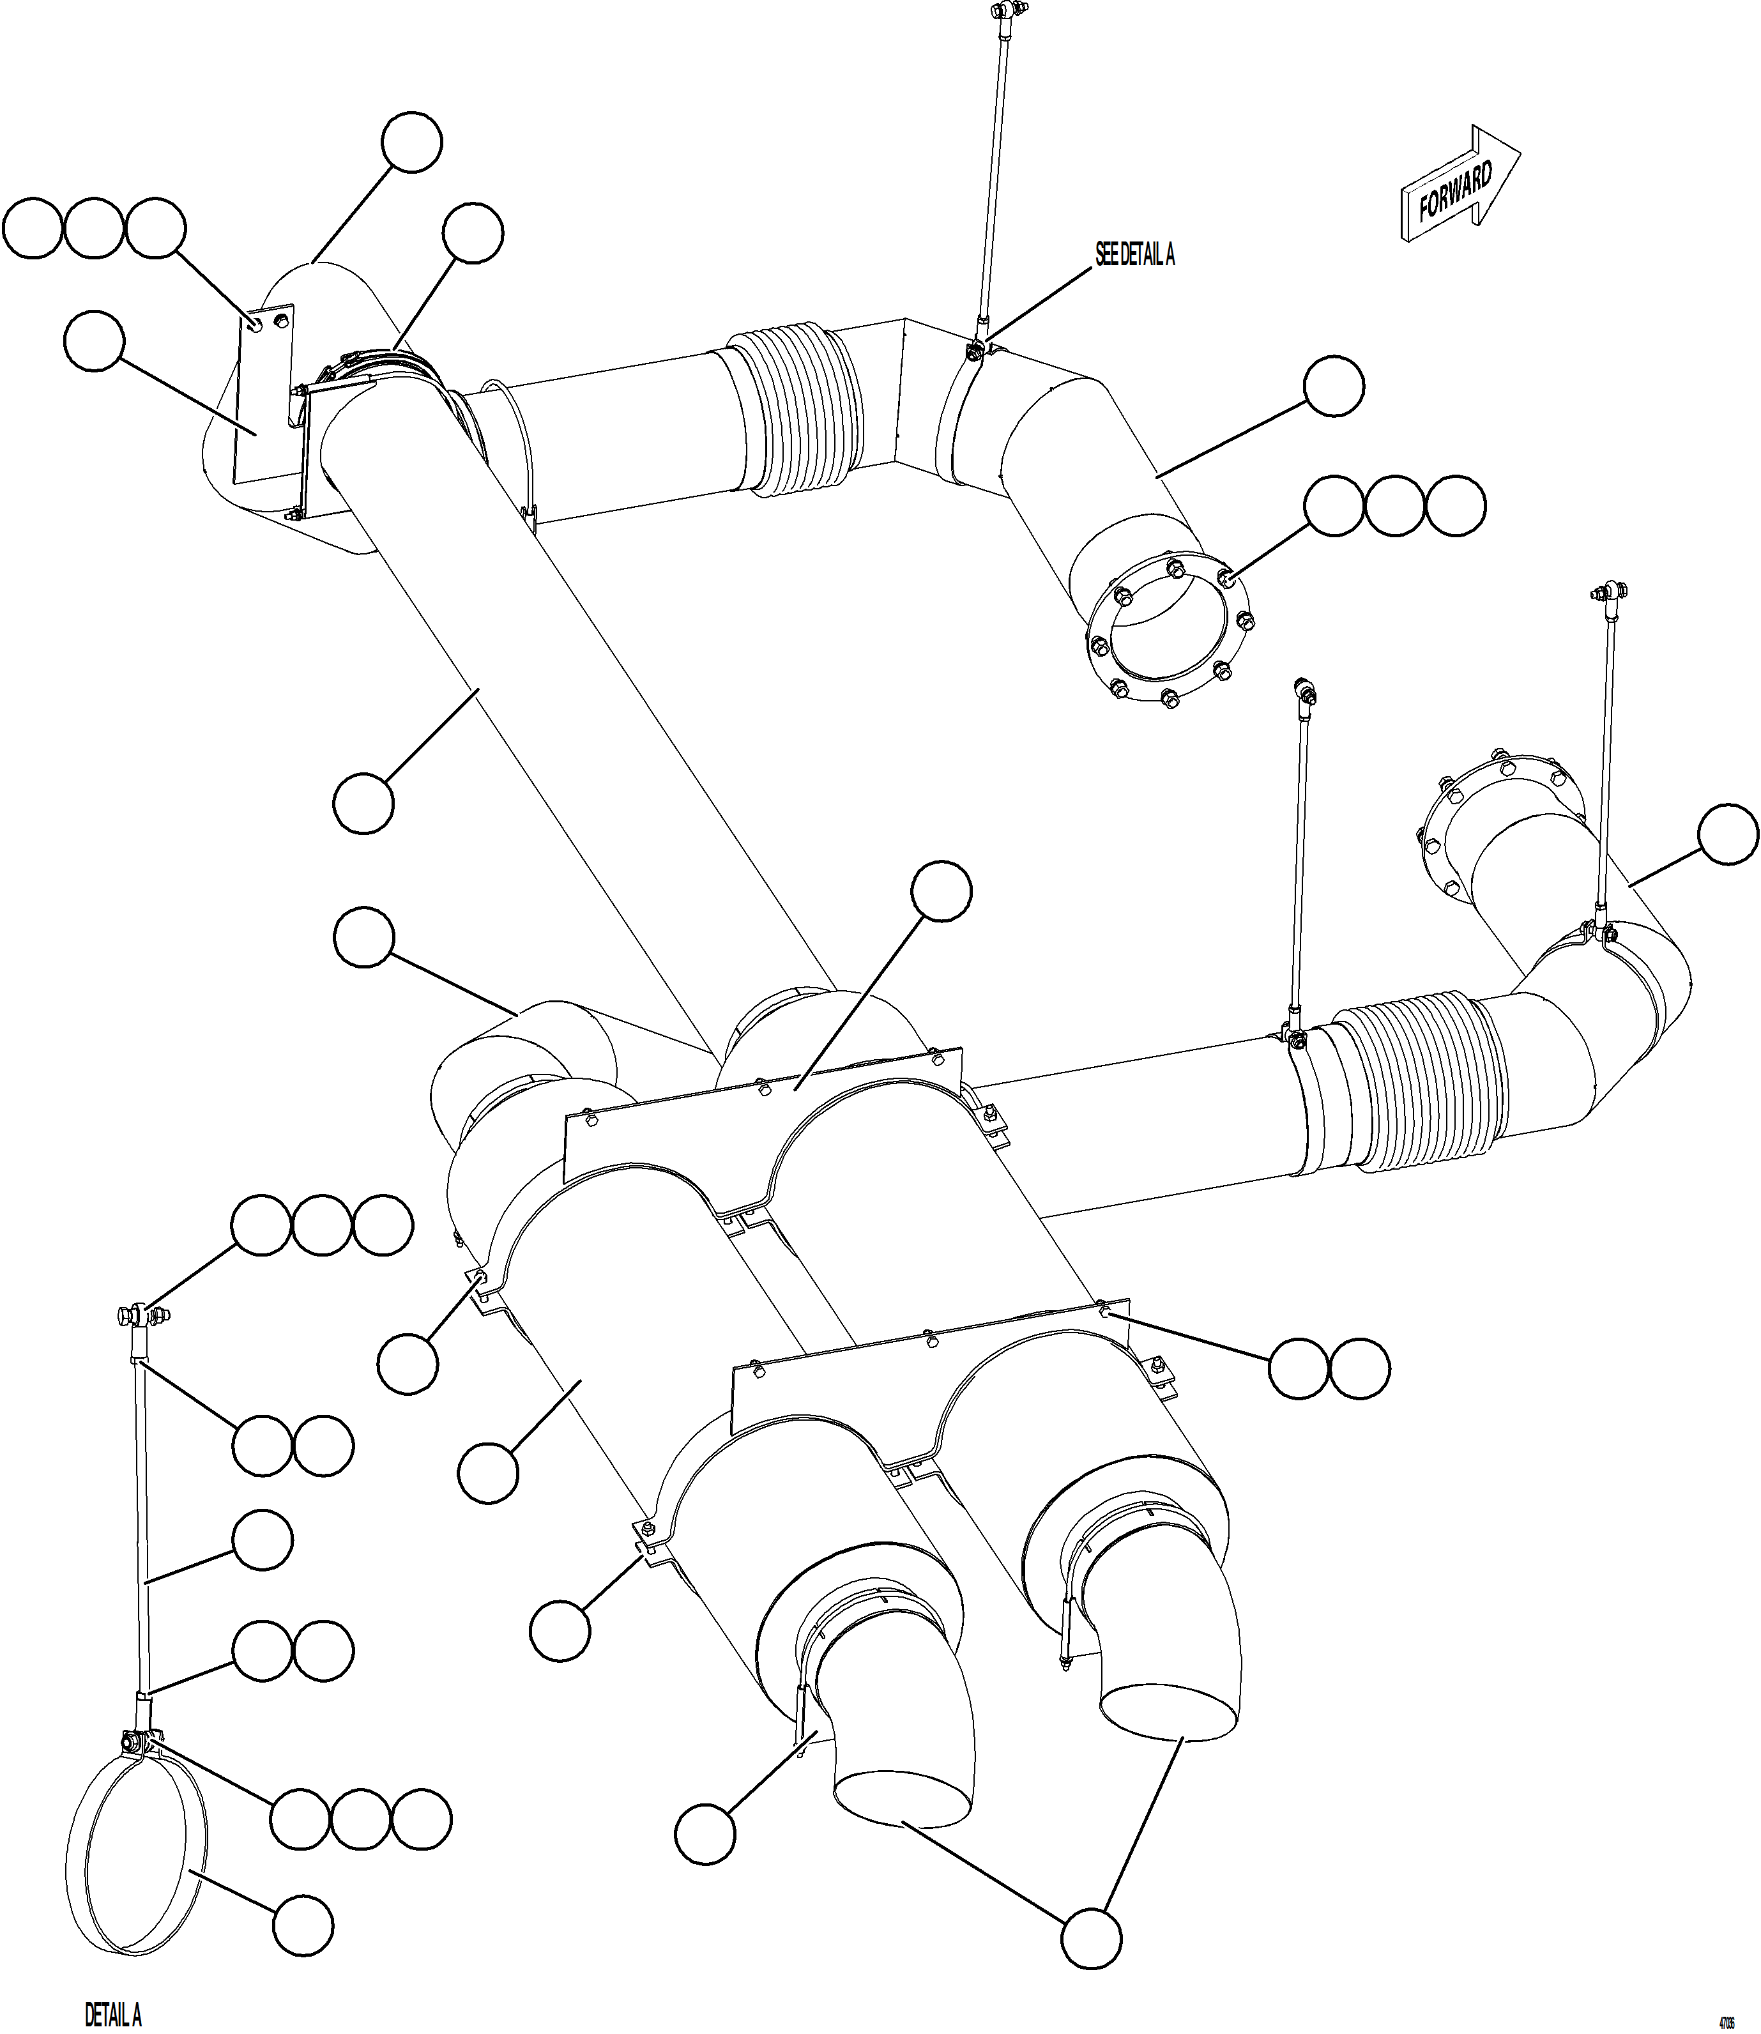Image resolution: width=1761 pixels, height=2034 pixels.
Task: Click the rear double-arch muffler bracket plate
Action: pyautogui.click(x=761, y=1130)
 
